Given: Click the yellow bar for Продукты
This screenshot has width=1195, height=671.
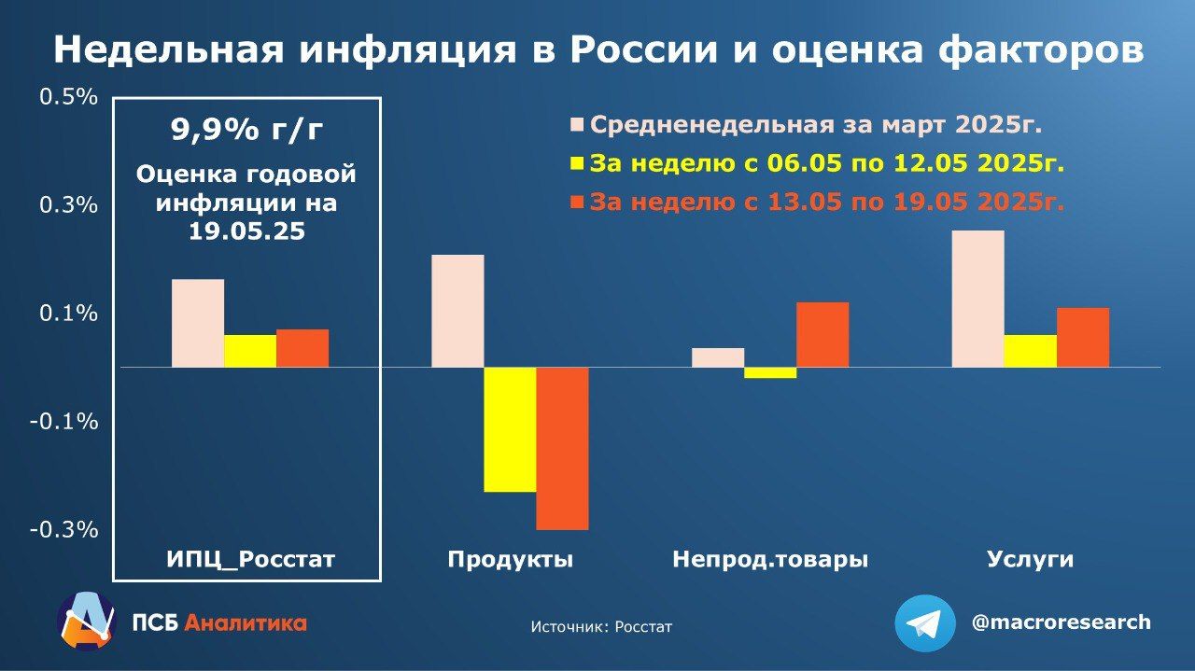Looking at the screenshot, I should pyautogui.click(x=510, y=429).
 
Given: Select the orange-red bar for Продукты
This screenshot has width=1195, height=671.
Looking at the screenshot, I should pyautogui.click(x=562, y=448).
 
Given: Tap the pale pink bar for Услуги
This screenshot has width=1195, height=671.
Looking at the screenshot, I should pyautogui.click(x=977, y=299).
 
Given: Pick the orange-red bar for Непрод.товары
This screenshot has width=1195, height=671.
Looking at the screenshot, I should pyautogui.click(x=822, y=334).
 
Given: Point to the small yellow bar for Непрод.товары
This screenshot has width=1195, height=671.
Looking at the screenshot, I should pyautogui.click(x=770, y=372).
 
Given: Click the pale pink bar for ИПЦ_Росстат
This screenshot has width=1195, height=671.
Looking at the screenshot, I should pyautogui.click(x=198, y=323).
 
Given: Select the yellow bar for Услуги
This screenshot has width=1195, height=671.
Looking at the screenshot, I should pyautogui.click(x=1030, y=351).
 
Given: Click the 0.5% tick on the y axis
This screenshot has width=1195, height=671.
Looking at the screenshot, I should pyautogui.click(x=68, y=97).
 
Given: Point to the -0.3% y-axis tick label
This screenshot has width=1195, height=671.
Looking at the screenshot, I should pyautogui.click(x=63, y=529).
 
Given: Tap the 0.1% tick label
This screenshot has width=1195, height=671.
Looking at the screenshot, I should pyautogui.click(x=68, y=314).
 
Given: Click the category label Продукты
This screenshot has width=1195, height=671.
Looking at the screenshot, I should pyautogui.click(x=510, y=560).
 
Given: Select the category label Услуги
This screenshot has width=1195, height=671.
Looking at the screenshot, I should pyautogui.click(x=1030, y=560).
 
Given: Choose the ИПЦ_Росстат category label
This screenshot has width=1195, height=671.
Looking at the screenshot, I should pyautogui.click(x=250, y=560).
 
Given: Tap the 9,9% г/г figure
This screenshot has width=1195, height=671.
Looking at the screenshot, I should pyautogui.click(x=246, y=130).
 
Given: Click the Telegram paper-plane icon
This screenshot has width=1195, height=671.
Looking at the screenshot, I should pyautogui.click(x=924, y=623).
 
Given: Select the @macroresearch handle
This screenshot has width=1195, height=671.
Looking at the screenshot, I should pyautogui.click(x=1061, y=622).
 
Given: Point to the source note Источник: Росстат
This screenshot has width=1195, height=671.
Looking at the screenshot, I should pyautogui.click(x=601, y=627).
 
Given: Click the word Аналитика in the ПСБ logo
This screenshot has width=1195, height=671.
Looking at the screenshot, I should pyautogui.click(x=246, y=622).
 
